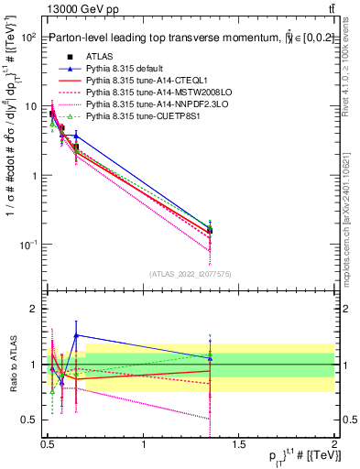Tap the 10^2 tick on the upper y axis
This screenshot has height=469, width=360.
(29, 38)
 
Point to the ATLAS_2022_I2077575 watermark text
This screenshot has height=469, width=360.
(190, 274)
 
